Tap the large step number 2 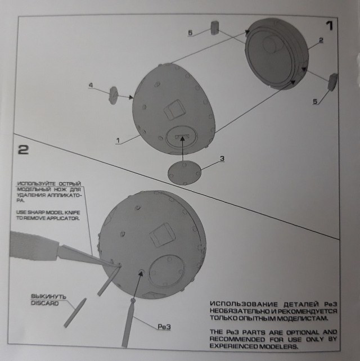click(x=24, y=150)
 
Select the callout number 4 click(x=91, y=85)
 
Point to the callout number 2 click(x=321, y=40)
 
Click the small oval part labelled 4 click(x=112, y=93)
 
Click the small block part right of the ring click(x=332, y=82)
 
